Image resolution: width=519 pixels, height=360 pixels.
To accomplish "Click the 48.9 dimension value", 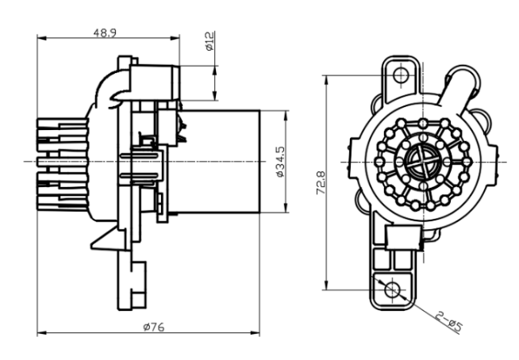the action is [x=105, y=33].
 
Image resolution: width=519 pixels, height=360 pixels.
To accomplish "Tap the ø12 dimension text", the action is [x=210, y=41].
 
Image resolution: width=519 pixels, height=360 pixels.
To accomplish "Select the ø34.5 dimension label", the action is [x=280, y=162].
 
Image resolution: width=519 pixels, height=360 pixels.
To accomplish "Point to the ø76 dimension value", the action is [x=154, y=327].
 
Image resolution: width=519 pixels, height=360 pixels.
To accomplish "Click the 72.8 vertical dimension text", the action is [x=321, y=182].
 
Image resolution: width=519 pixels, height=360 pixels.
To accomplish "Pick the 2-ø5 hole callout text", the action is [x=449, y=321].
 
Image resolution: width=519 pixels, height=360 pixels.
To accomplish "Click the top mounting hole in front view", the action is [x=402, y=75].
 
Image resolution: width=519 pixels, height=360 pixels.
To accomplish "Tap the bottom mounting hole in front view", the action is [x=393, y=290].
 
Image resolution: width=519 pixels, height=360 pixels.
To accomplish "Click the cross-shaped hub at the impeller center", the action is [x=423, y=162].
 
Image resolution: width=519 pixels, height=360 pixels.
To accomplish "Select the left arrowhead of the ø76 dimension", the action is [x=41, y=332].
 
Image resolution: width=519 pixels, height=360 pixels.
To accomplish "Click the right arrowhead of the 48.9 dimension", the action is [x=175, y=38].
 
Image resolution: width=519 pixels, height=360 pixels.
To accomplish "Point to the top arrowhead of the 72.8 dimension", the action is [x=326, y=80].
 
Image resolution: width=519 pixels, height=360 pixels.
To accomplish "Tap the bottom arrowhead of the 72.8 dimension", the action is [x=326, y=285].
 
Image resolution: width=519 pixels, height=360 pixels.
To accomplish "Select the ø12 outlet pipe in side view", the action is [x=155, y=82].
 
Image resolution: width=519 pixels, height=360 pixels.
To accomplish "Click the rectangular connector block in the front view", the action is [x=403, y=236].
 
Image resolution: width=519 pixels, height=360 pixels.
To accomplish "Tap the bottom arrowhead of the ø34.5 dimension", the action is [x=286, y=208].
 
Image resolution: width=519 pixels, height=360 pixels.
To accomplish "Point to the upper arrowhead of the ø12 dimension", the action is [x=214, y=70].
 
